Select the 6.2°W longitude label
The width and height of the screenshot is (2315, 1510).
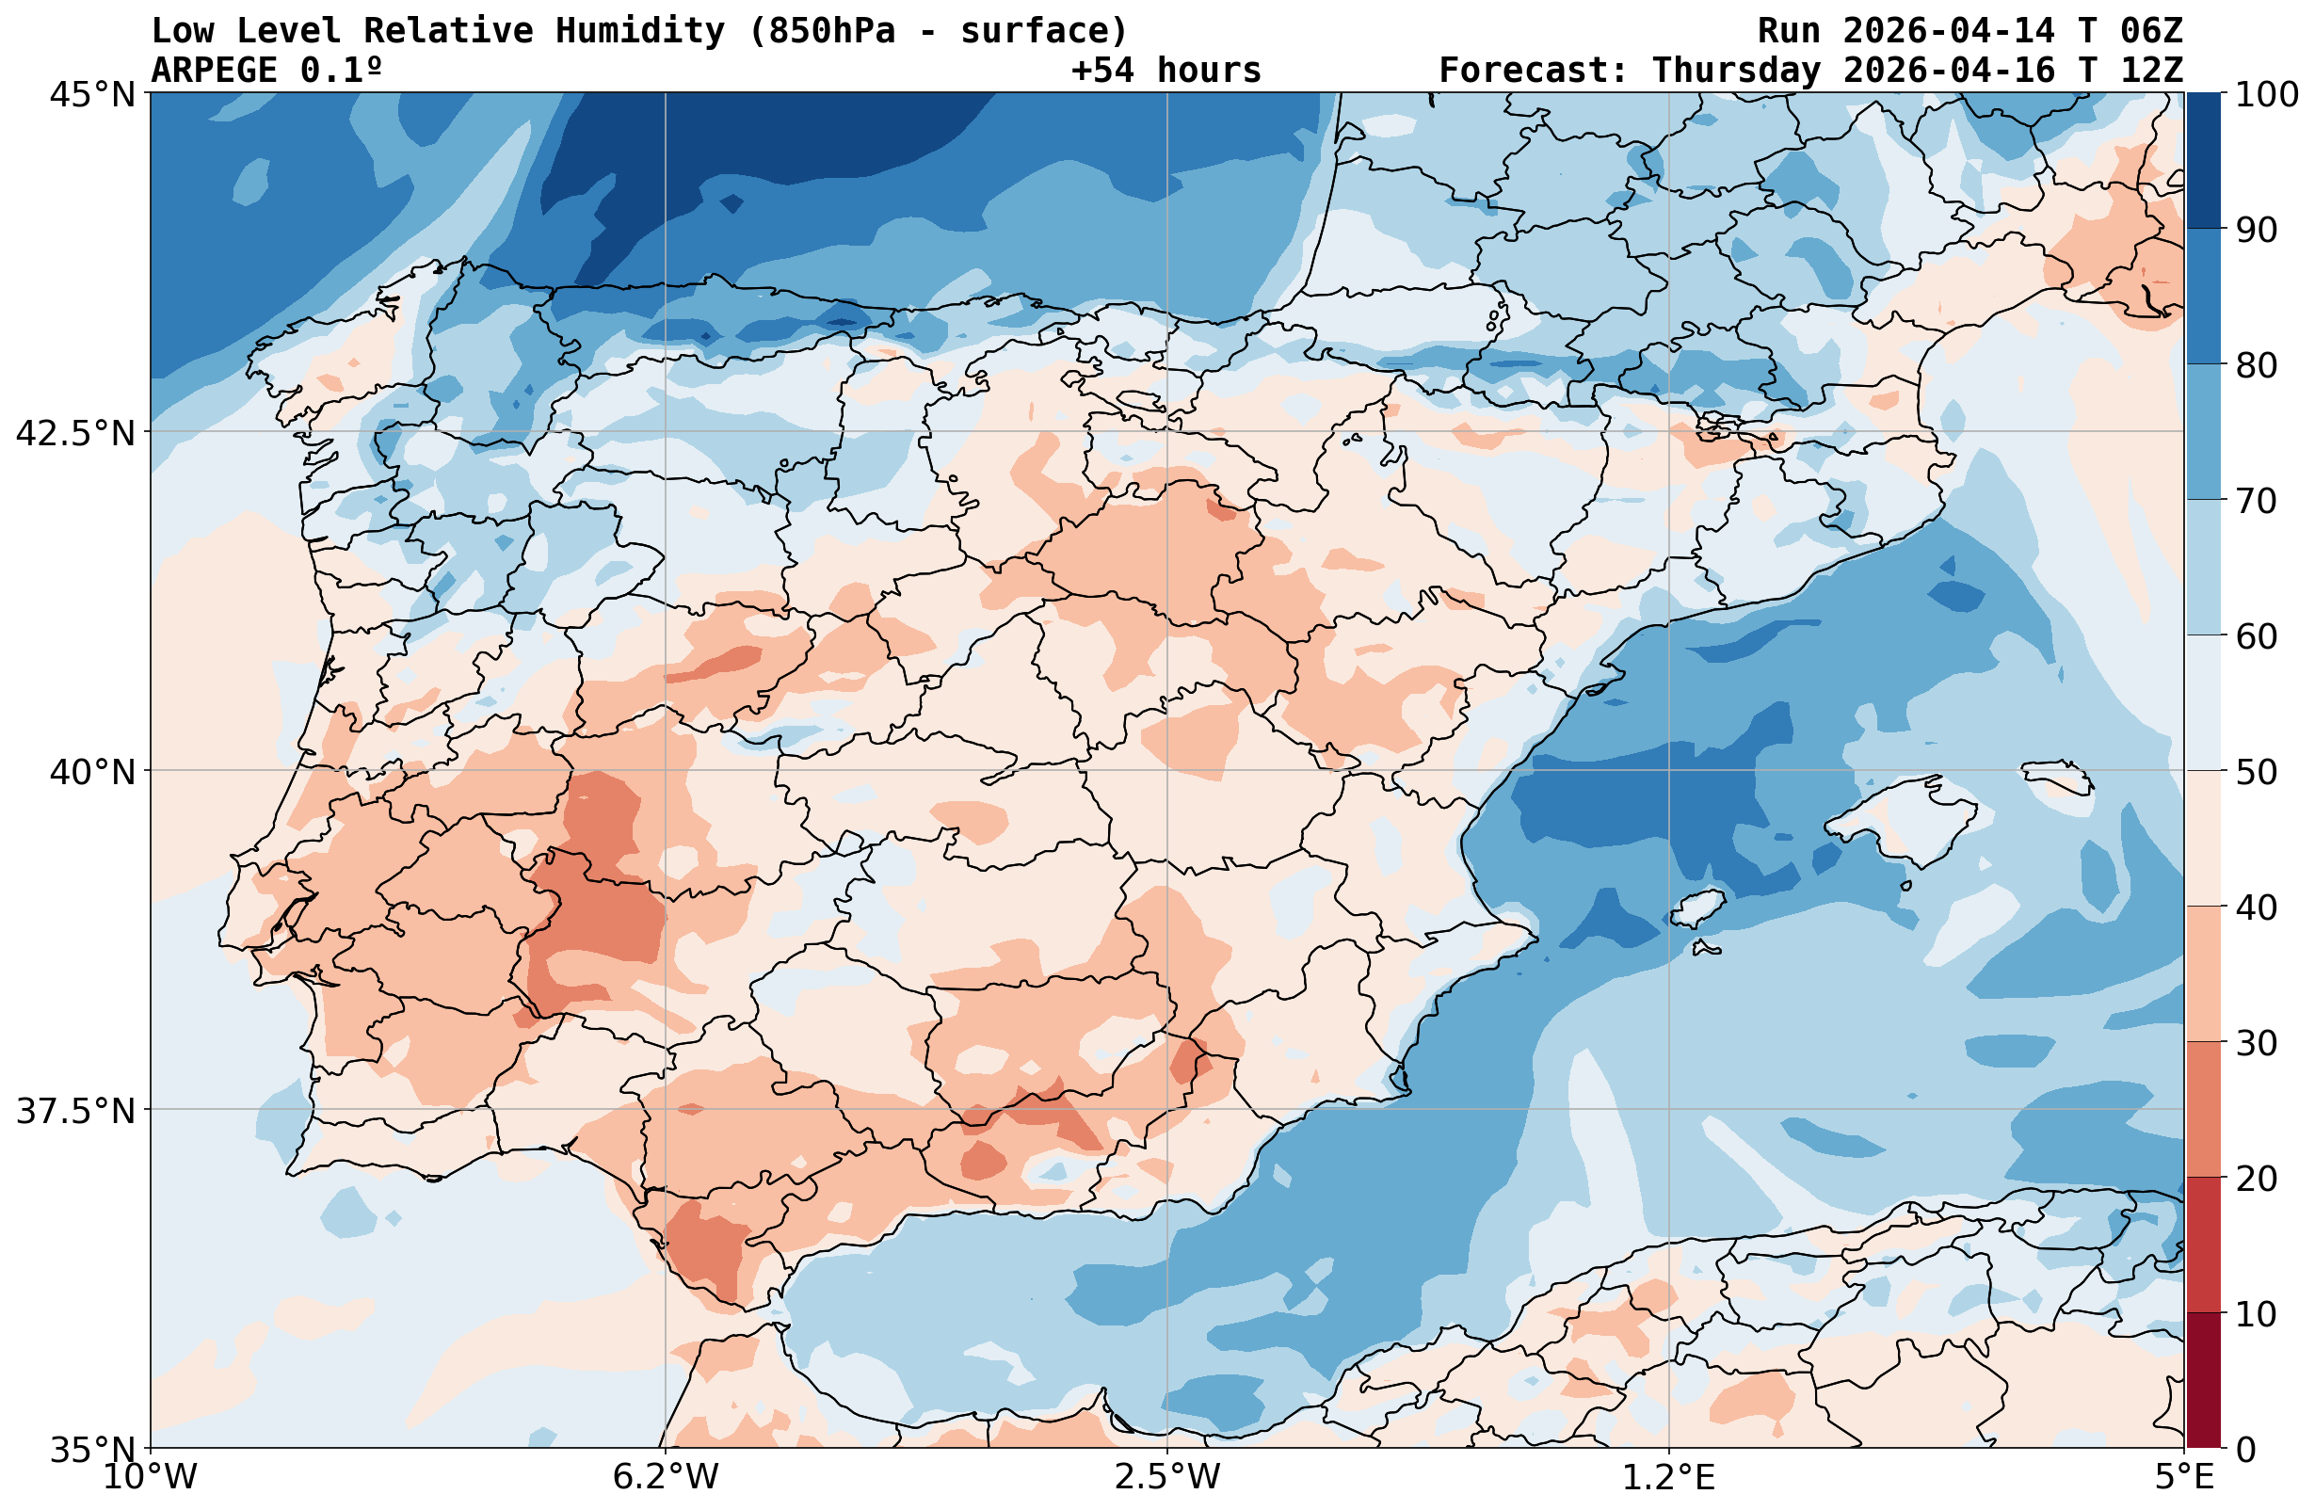666,1477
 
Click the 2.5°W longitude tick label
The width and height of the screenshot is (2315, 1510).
1167,1477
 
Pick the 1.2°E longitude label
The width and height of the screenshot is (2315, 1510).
1668,1477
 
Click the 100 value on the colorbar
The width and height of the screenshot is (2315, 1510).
2266,94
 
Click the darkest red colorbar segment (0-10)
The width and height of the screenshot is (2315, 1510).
2203,1381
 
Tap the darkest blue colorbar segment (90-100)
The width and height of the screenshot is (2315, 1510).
2203,161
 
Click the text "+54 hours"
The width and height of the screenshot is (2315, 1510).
1166,70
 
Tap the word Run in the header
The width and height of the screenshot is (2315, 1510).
1788,31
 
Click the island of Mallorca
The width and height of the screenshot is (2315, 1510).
1897,822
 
